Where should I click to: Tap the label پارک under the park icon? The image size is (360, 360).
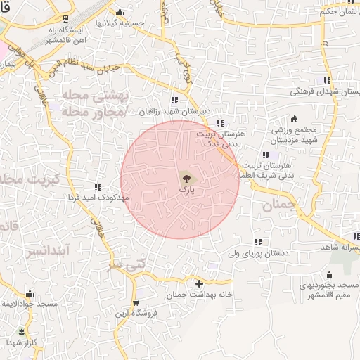coord(186,190)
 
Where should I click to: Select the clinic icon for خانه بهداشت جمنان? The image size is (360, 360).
coord(199,283)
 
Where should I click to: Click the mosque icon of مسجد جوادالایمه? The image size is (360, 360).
coord(29,294)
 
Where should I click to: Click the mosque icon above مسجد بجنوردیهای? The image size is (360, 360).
coord(329,275)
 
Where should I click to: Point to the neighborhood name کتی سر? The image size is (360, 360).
coord(114,266)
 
